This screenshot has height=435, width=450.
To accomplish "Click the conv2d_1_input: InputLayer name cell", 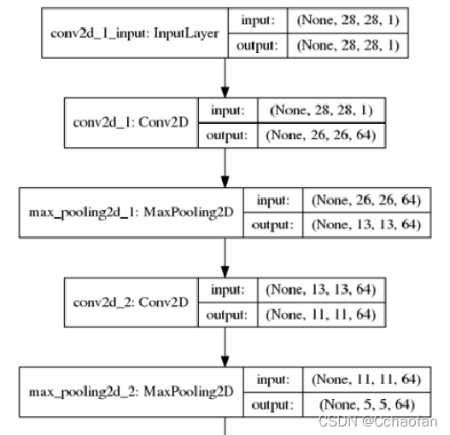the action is coord(135,33).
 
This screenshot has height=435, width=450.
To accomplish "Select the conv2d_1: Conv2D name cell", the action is coord(131,123).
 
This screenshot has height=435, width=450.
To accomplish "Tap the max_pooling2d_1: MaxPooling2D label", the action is coord(131,213).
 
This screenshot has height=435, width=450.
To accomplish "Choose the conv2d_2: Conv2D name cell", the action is coord(131,303).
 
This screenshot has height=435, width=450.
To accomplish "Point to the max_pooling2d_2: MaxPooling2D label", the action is coord(131,392).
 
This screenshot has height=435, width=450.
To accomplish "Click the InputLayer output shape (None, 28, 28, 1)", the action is coord(348,45).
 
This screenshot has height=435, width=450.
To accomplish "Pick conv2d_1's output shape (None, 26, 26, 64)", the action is coord(320,135).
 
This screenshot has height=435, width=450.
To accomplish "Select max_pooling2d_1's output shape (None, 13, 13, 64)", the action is coord(366,225).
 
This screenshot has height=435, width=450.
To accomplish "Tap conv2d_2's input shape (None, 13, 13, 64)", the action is coord(320,290).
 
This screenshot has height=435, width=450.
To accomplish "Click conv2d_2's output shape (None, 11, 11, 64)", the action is coord(320,314).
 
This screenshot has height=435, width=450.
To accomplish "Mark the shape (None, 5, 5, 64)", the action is coord(367,405).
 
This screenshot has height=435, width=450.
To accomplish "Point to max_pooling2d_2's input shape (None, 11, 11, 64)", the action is coord(366,379).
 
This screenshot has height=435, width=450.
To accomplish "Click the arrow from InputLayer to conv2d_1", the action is coord(225,78).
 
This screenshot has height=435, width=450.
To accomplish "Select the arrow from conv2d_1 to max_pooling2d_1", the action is coord(225,168).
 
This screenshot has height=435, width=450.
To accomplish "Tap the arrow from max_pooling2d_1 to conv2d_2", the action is coord(225,258).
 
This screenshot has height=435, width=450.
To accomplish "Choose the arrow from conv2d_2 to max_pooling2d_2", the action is coord(225,347).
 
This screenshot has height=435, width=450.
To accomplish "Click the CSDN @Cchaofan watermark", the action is coord(378,422).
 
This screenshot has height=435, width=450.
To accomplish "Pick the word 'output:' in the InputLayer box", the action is coord(257,46).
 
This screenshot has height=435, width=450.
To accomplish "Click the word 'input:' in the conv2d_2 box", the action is coord(228,290).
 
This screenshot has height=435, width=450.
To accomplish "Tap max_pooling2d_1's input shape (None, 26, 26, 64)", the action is coord(366,200).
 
